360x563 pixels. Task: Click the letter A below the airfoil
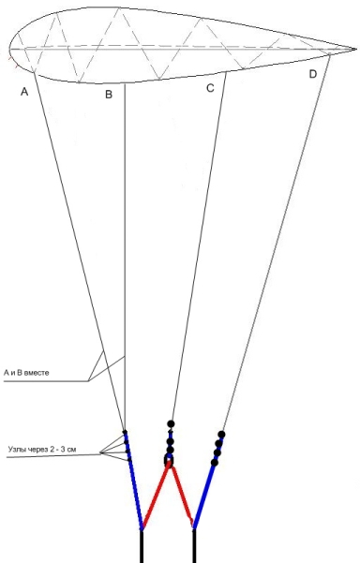coord(24,92)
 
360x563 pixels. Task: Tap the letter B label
coord(109,95)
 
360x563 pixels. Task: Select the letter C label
coord(210,88)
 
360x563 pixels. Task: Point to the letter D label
coord(313,74)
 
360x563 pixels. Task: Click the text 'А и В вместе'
coord(26,373)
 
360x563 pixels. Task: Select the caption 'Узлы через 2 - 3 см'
coord(42,449)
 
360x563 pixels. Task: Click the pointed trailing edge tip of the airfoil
coord(356,49)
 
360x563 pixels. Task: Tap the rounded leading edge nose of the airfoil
coord(10,50)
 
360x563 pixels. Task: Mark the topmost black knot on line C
coord(171,424)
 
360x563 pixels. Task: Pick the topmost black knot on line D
coord(221,435)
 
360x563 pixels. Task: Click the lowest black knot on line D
coord(215,463)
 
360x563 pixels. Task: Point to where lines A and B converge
coord(125,431)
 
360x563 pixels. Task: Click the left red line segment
coord(156,496)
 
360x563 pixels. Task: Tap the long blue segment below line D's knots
coord(203,496)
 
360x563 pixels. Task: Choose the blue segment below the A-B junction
coord(134,481)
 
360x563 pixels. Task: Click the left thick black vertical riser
coord(142,546)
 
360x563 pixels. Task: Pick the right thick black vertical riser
coord(194,546)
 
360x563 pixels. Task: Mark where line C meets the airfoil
coord(226,72)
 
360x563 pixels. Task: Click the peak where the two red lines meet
coord(170,464)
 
